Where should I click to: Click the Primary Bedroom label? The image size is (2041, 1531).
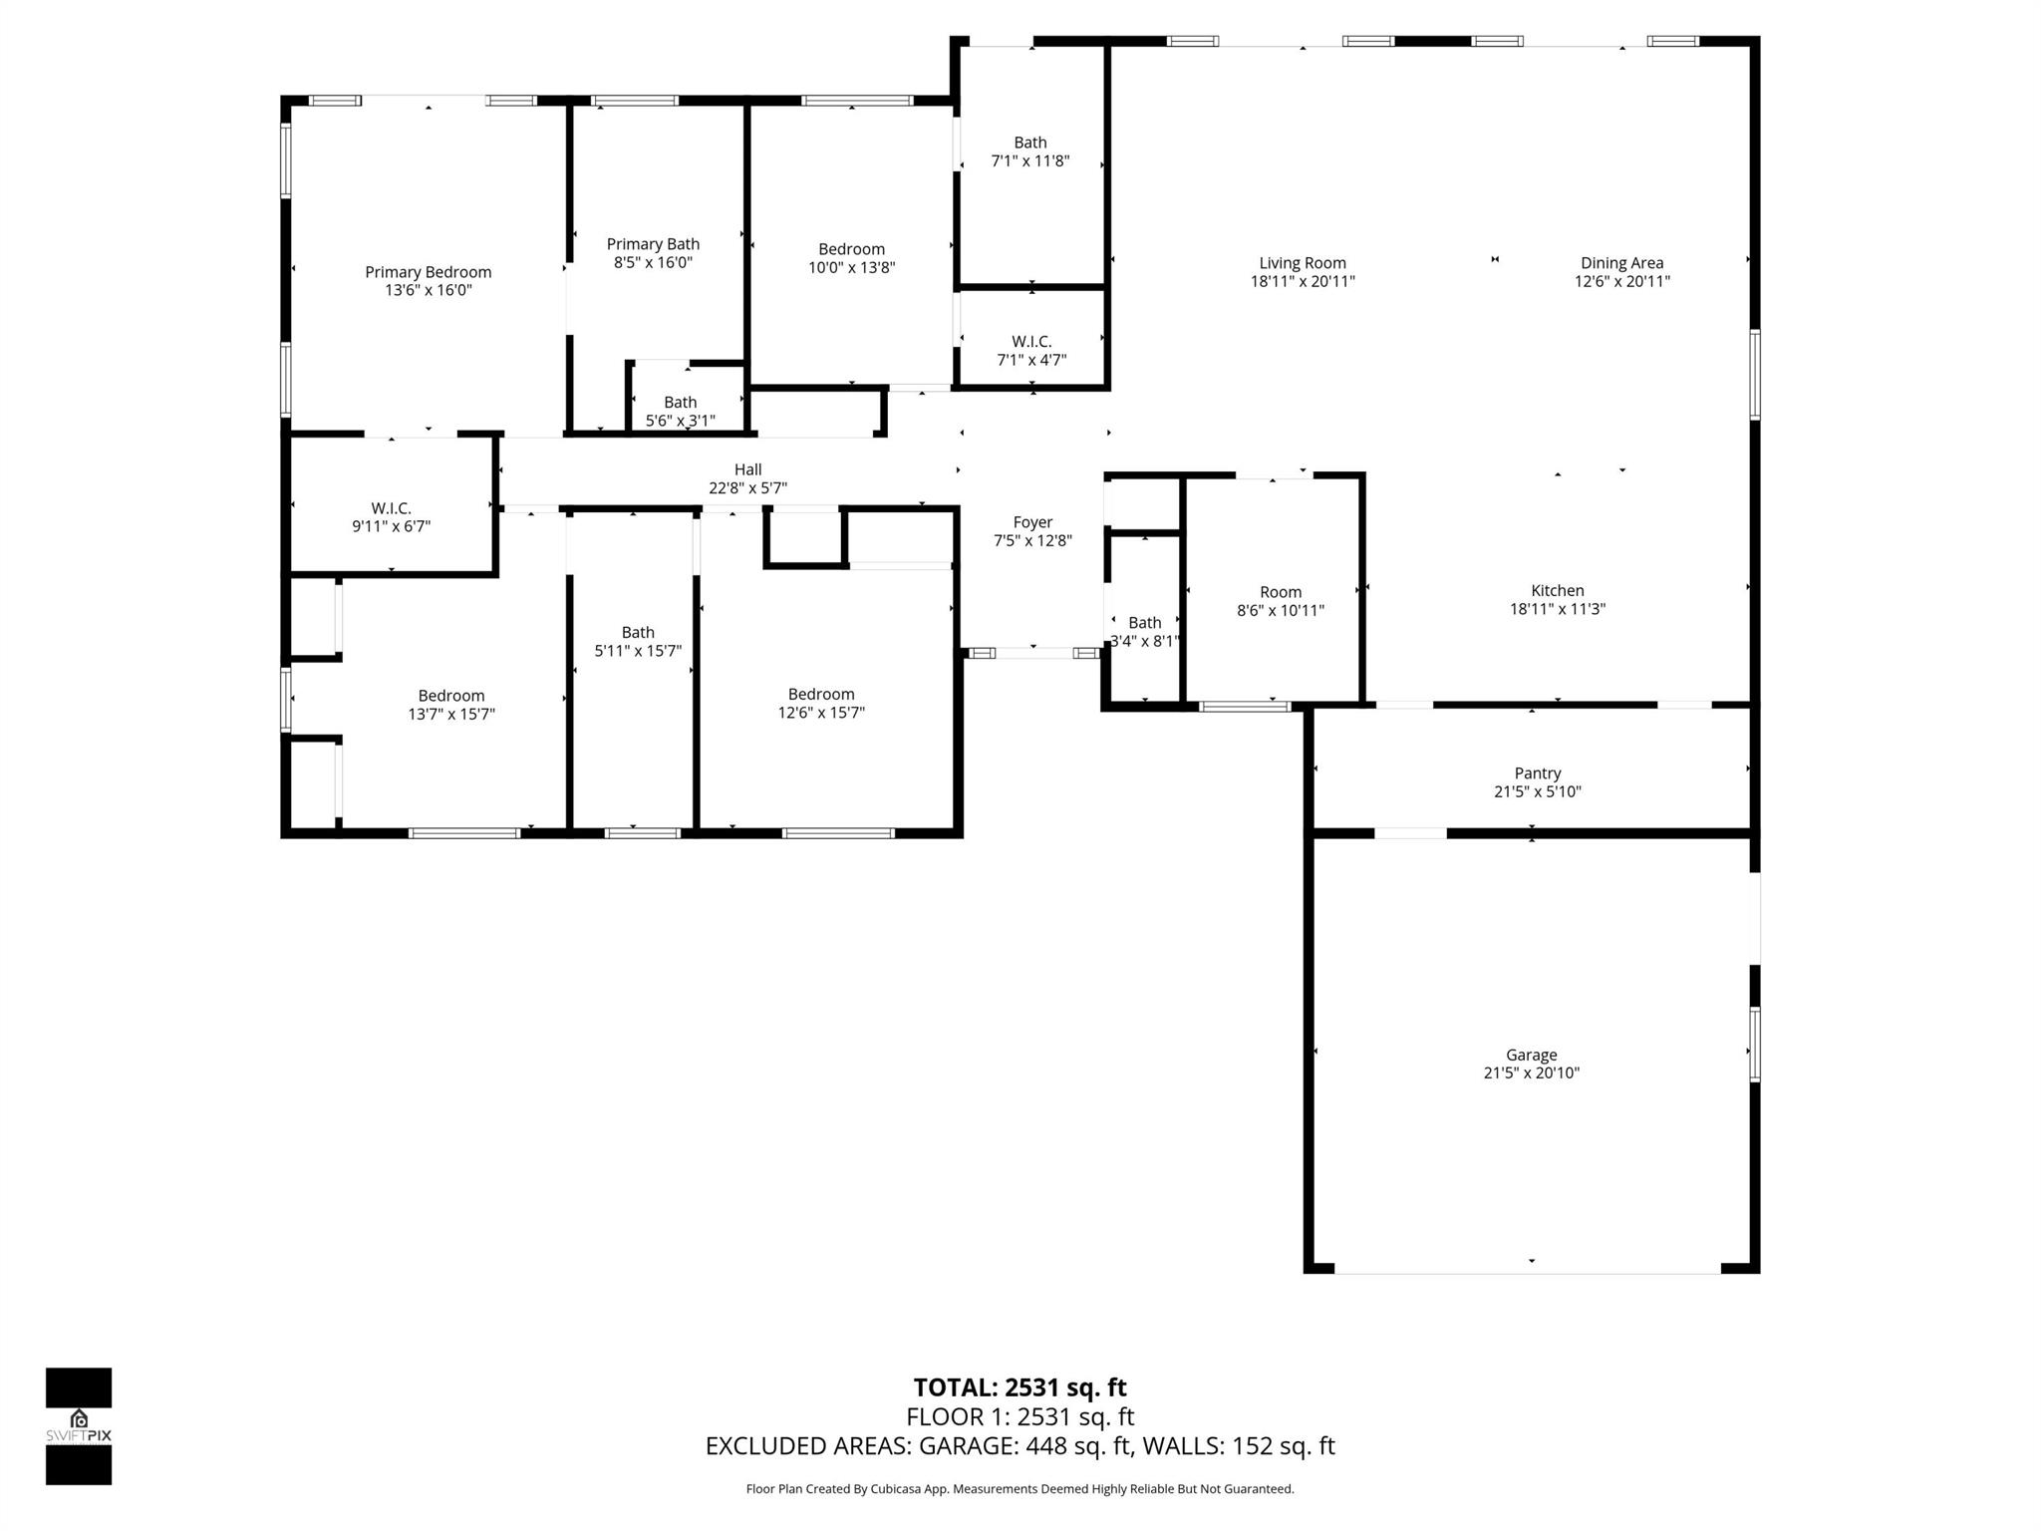pyautogui.click(x=428, y=272)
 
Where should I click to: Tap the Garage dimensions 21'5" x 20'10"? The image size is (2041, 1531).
pyautogui.click(x=1531, y=1073)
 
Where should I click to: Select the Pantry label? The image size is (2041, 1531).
pyautogui.click(x=1537, y=773)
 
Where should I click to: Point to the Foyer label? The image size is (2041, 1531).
pyautogui.click(x=1032, y=522)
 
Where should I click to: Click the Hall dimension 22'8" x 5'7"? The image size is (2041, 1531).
pyautogui.click(x=747, y=488)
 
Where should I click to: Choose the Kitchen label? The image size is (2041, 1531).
pyautogui.click(x=1557, y=591)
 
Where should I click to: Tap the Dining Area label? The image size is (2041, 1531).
pyautogui.click(x=1621, y=263)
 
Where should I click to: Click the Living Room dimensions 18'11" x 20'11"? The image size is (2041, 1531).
pyautogui.click(x=1302, y=282)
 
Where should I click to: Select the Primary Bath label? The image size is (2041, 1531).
pyautogui.click(x=653, y=244)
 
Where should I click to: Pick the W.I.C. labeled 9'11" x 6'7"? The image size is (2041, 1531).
pyautogui.click(x=391, y=517)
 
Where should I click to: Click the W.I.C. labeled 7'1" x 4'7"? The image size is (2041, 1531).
pyautogui.click(x=1031, y=351)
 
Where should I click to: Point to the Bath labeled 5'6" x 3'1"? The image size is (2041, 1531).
pyautogui.click(x=680, y=411)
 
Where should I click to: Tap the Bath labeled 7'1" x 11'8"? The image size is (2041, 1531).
pyautogui.click(x=1029, y=152)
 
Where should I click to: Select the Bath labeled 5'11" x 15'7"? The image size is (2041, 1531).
pyautogui.click(x=638, y=641)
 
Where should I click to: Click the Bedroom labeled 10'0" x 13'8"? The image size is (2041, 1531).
pyautogui.click(x=851, y=258)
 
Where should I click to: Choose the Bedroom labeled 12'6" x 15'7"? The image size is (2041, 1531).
pyautogui.click(x=821, y=703)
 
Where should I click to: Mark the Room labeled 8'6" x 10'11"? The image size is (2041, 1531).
pyautogui.click(x=1280, y=601)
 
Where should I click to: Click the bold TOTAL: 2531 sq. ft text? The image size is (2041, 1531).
pyautogui.click(x=1020, y=1387)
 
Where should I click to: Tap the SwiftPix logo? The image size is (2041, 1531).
pyautogui.click(x=79, y=1426)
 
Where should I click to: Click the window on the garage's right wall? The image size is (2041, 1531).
pyautogui.click(x=1754, y=1044)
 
